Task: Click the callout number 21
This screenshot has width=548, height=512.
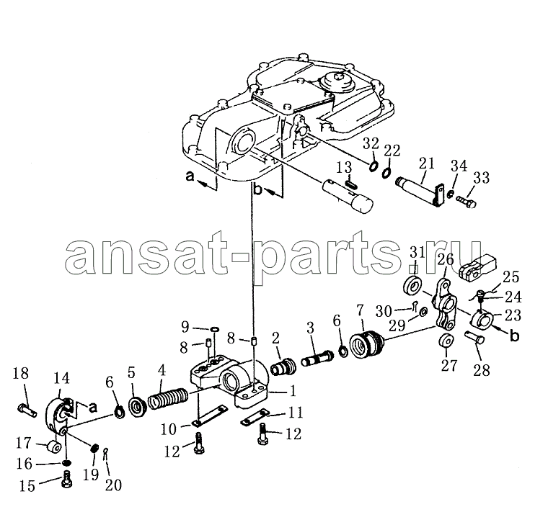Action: point(426,163)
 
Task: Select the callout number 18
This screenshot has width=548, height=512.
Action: point(20,373)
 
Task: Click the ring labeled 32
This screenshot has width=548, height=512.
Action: point(374,166)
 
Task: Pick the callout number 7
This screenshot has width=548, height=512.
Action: point(360,310)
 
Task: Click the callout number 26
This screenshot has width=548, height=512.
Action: point(446,259)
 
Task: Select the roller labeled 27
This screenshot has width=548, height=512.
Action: point(446,341)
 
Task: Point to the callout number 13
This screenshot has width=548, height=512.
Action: point(344,168)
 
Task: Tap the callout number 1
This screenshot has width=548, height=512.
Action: point(293,390)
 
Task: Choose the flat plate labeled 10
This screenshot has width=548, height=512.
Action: point(210,416)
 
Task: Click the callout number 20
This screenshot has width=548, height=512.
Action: point(114,485)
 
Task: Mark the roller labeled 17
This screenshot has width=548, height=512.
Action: point(54,446)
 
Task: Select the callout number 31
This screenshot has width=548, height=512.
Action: point(417,252)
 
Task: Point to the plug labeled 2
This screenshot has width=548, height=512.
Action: point(283,367)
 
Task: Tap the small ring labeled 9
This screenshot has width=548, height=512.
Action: point(215,329)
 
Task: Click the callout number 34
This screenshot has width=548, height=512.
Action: point(459,166)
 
